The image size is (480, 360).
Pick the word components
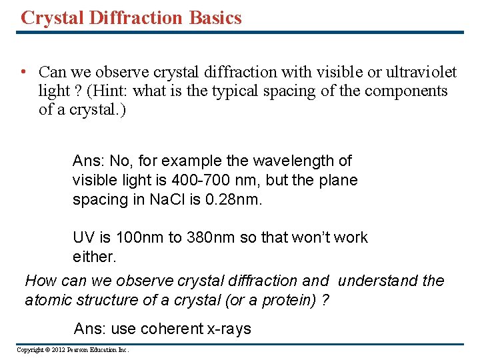point(406,91)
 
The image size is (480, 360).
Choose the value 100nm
point(133,238)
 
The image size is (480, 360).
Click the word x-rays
point(228,329)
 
